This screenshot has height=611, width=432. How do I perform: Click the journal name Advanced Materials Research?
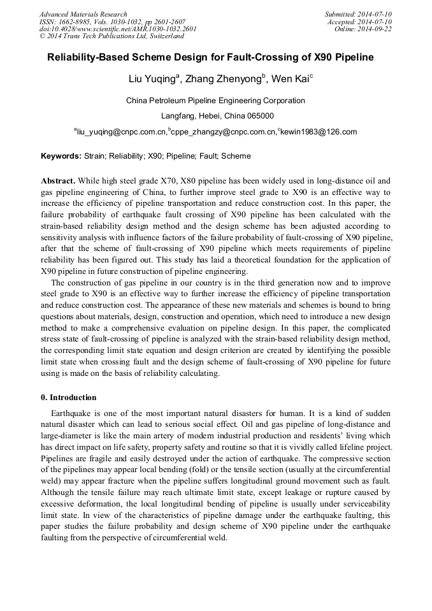(83, 14)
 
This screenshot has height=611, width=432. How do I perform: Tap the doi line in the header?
(118, 29)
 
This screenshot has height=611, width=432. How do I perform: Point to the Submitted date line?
(357, 14)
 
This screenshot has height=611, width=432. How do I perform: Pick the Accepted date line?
(359, 22)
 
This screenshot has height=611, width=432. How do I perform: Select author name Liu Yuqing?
(150, 80)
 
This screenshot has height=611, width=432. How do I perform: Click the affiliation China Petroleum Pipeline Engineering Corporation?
(215, 101)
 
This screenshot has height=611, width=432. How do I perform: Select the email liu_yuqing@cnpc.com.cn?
(121, 133)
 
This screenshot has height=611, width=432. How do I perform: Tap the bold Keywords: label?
(61, 156)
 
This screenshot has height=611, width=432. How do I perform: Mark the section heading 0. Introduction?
(69, 398)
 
